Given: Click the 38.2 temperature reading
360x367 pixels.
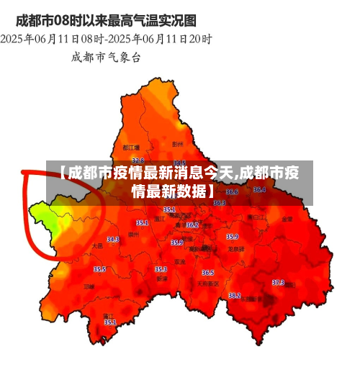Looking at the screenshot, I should (x=234, y=295).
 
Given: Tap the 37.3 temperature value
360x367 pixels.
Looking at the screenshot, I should (x=278, y=283).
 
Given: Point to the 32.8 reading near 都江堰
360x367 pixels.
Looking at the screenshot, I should (x=138, y=160).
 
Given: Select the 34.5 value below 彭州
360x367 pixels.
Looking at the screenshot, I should (x=179, y=164).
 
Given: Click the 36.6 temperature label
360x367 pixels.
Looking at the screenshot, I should (x=232, y=192).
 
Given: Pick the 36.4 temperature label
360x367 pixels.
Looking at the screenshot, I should (x=259, y=190).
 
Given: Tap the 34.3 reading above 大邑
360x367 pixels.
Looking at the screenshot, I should (x=113, y=239).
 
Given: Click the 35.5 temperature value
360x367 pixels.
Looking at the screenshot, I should (x=99, y=269).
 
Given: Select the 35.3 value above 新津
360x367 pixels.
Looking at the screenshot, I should (x=161, y=269).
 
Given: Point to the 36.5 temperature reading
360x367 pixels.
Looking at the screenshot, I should (x=208, y=273).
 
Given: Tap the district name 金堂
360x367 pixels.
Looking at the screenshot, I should (x=287, y=219).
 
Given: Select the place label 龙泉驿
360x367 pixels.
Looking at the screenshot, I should (x=235, y=248).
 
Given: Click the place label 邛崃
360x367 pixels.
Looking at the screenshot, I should (x=89, y=286).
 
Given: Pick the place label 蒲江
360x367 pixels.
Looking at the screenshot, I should (x=108, y=316).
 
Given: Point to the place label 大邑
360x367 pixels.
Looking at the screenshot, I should (x=97, y=246).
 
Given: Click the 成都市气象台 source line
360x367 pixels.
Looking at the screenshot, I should (x=106, y=56).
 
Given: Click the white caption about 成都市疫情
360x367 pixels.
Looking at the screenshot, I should (x=179, y=182).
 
